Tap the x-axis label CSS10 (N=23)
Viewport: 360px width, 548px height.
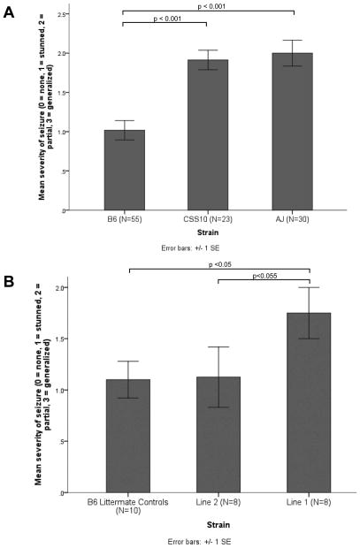(x=208, y=220)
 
